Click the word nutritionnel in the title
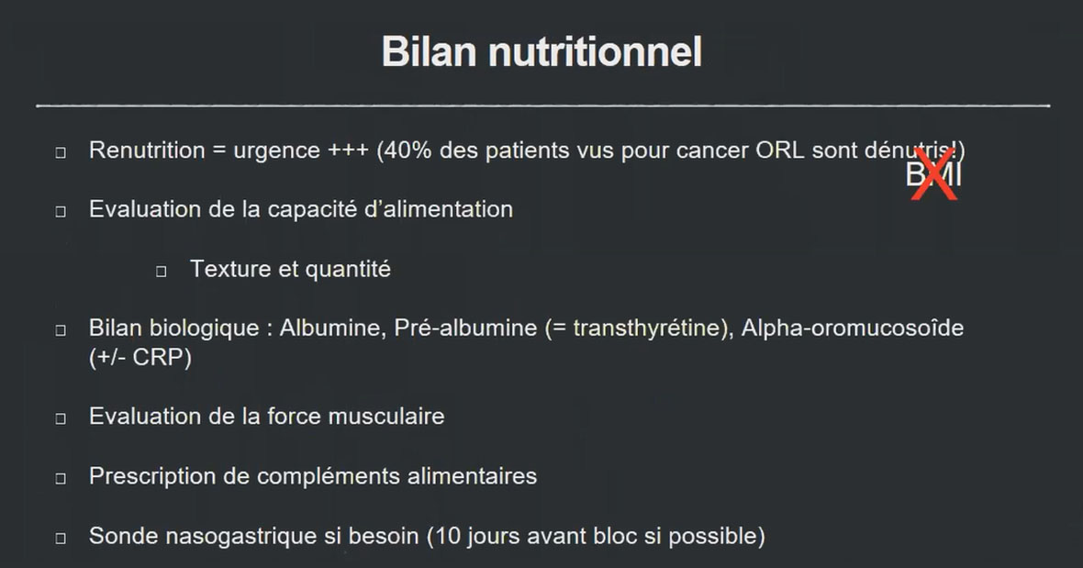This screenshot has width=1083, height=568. [x=595, y=52]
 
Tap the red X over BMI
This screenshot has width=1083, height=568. [x=934, y=174]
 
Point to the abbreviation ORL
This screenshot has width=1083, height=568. [x=780, y=150]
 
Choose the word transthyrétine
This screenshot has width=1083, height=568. [x=642, y=328]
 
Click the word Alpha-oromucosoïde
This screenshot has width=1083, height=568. [x=853, y=328]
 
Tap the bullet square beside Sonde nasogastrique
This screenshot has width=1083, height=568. [x=61, y=538]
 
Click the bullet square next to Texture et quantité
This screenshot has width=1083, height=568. [x=162, y=271]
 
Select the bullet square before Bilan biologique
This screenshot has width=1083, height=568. [x=61, y=329]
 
